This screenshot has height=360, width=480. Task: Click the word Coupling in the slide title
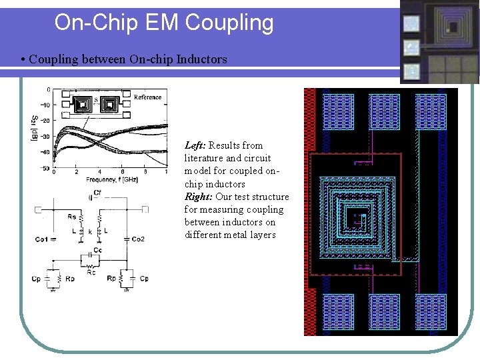[x=229, y=23]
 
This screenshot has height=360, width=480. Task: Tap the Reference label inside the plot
[x=147, y=97]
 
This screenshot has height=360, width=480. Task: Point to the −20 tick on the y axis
[x=45, y=121]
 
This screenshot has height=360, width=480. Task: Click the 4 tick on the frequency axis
[x=99, y=172]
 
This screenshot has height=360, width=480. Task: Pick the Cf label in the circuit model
[x=97, y=193]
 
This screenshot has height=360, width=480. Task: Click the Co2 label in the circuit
[x=138, y=239]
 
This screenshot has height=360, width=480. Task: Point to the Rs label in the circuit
[x=71, y=216]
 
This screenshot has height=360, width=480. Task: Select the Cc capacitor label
[x=97, y=250]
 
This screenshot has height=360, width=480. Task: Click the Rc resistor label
[x=91, y=271]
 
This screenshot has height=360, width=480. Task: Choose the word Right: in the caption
[x=199, y=197]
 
